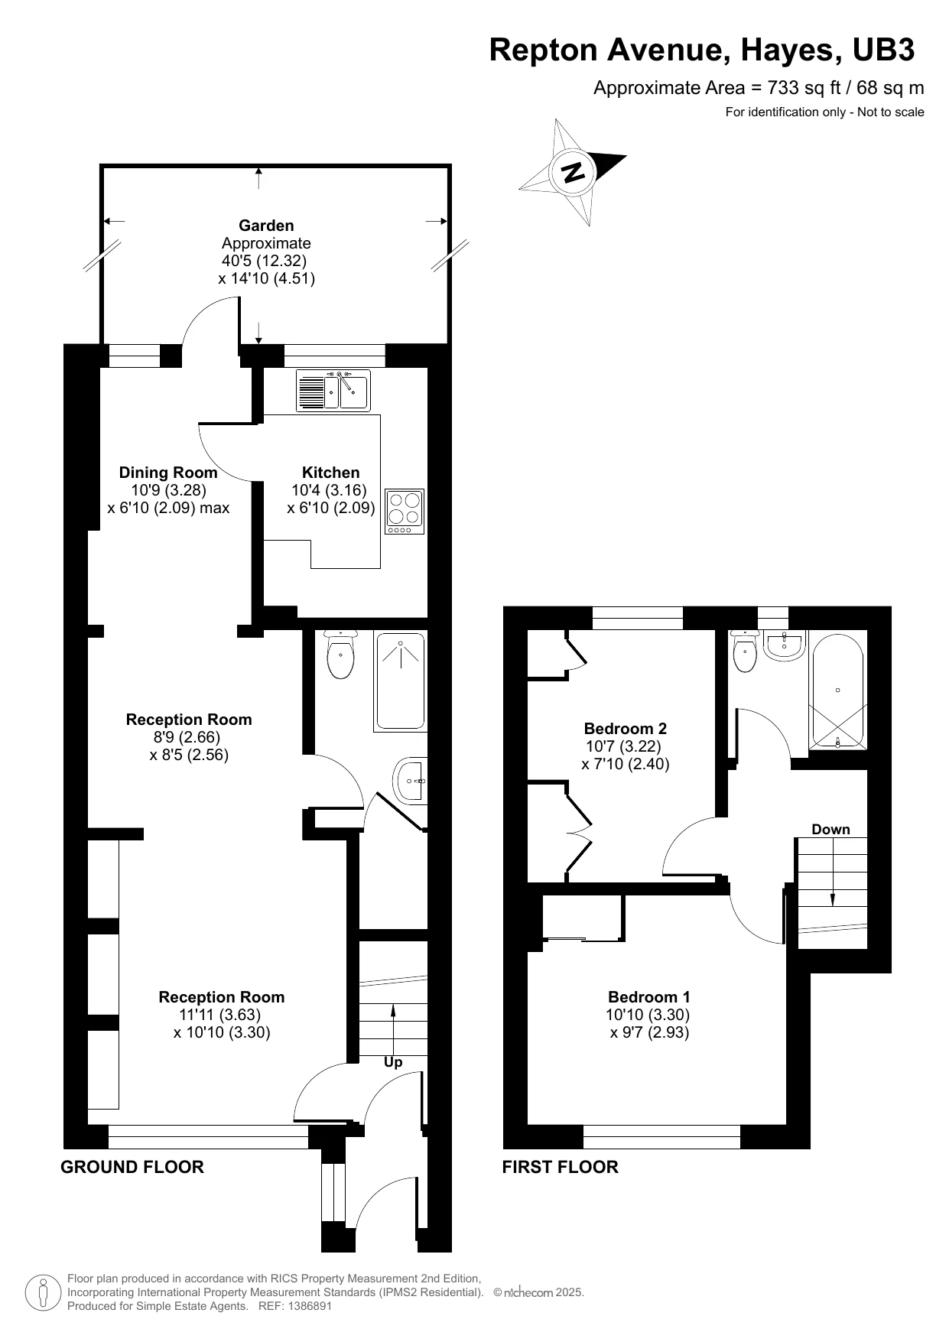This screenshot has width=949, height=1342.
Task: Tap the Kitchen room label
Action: pyautogui.click(x=330, y=473)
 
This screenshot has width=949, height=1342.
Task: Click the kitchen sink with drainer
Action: pyautogui.click(x=333, y=391)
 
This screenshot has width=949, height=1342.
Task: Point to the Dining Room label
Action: pyautogui.click(x=167, y=473)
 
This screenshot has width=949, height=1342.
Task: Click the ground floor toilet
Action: pyautogui.click(x=340, y=655)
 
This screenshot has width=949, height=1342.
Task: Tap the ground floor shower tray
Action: pyautogui.click(x=400, y=681)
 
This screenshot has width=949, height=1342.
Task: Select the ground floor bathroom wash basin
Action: pyautogui.click(x=411, y=781)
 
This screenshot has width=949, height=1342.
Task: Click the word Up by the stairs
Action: pyautogui.click(x=393, y=1062)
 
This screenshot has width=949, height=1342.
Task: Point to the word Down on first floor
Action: pyautogui.click(x=830, y=830)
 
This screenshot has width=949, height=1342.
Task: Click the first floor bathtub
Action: pyautogui.click(x=838, y=690)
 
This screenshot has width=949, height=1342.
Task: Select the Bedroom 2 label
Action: pyautogui.click(x=625, y=728)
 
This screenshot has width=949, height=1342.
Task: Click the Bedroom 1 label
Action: pyautogui.click(x=648, y=996)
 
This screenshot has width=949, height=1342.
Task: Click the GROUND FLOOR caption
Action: pyautogui.click(x=132, y=1167)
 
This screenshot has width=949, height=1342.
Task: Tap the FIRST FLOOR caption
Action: pyautogui.click(x=560, y=1167)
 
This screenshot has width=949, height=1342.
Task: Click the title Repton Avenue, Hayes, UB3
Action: pyautogui.click(x=701, y=50)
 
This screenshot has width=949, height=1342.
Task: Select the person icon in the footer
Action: pyautogui.click(x=44, y=1292)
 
